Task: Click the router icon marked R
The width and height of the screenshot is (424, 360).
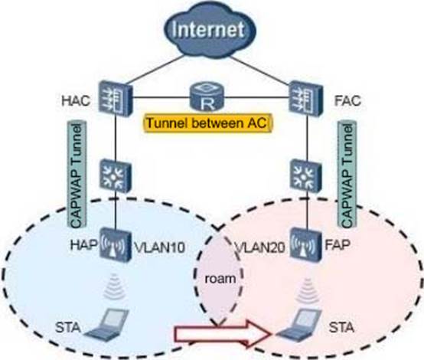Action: pos(207,97)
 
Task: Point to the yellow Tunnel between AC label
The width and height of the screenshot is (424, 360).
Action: pos(207,123)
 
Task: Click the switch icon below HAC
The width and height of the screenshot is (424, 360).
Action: pos(116,176)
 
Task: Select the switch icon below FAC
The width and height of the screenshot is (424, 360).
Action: pos(306,176)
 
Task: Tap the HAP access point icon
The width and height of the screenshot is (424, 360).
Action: pos(114,245)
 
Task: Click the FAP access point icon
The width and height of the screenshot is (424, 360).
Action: pos(306,245)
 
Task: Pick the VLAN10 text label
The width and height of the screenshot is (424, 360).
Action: pos(159,247)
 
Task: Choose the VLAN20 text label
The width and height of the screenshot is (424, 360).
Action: pos(260,247)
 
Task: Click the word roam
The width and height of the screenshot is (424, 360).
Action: pos(220,279)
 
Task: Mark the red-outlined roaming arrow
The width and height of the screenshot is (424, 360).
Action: pos(222,334)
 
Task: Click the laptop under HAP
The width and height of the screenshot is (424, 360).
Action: pos(106,323)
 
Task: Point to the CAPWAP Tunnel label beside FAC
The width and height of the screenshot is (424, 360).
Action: pos(347,175)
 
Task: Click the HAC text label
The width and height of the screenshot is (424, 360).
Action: pos(76,100)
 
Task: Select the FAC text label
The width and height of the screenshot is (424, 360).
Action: pos(347,100)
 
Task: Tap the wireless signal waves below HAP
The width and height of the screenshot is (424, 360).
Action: pos(114,286)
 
